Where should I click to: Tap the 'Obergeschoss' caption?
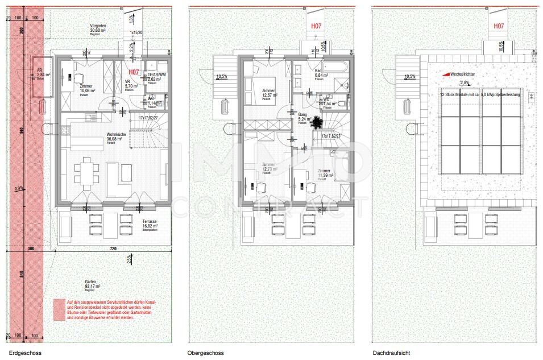(x=205, y=353)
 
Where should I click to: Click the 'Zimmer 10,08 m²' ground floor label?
(x=87, y=88)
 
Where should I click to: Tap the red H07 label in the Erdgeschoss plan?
(x=134, y=72)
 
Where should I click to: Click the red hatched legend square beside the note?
(x=59, y=310)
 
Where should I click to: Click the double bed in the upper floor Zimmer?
(x=256, y=88)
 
